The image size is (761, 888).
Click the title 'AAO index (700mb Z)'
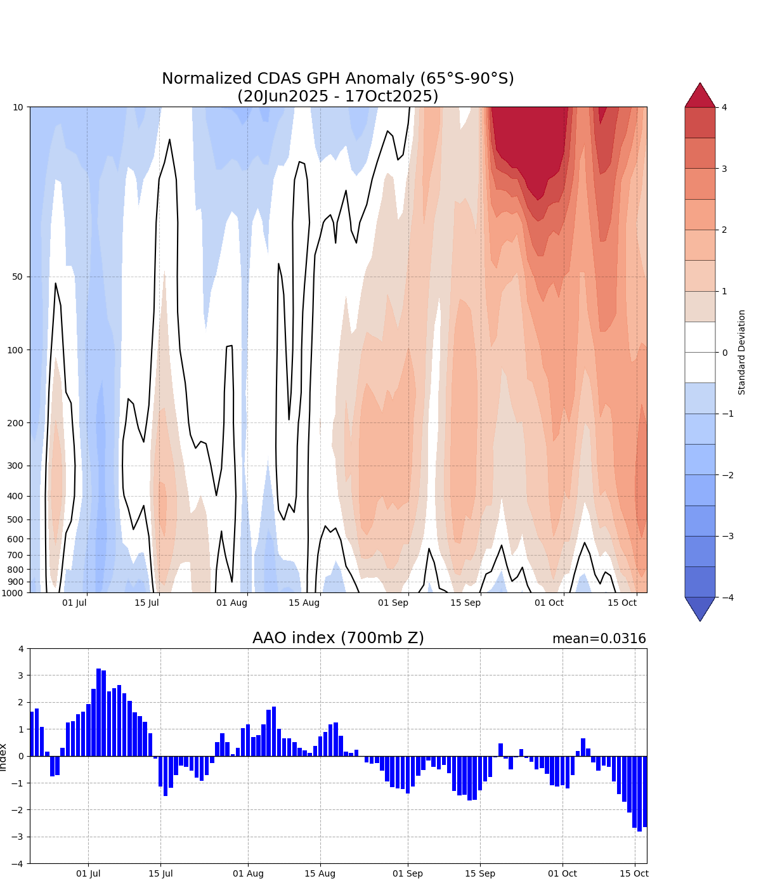pyautogui.click(x=338, y=638)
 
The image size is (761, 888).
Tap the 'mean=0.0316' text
pyautogui.click(x=599, y=639)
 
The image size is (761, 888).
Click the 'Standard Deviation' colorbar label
pyautogui.click(x=742, y=352)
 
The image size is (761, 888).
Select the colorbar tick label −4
pyautogui.click(x=727, y=597)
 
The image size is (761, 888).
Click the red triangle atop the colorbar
pyautogui.click(x=700, y=96)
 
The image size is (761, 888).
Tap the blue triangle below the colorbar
pyautogui.click(x=700, y=608)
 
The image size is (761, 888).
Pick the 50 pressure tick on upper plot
pyautogui.click(x=18, y=277)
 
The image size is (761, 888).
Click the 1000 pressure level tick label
pyautogui.click(x=13, y=593)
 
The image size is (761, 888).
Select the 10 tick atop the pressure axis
pyautogui.click(x=18, y=107)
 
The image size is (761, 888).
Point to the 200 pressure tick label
pyautogui.click(x=15, y=423)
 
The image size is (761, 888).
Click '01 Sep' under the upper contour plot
pyautogui.click(x=393, y=603)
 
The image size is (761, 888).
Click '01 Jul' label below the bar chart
pyautogui.click(x=88, y=873)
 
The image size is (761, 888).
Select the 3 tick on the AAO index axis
pyautogui.click(x=21, y=676)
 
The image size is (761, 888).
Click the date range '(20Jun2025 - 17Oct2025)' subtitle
pyautogui.click(x=338, y=96)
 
